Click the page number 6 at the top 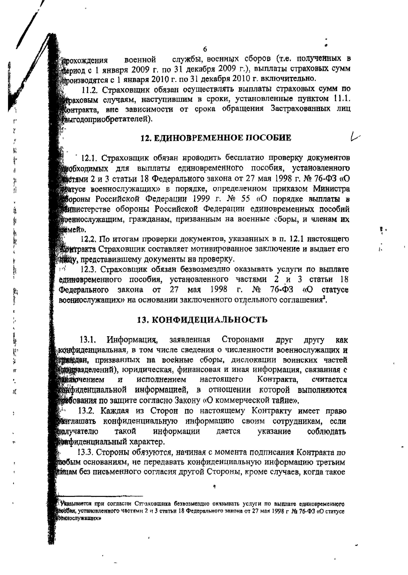point(205,50)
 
